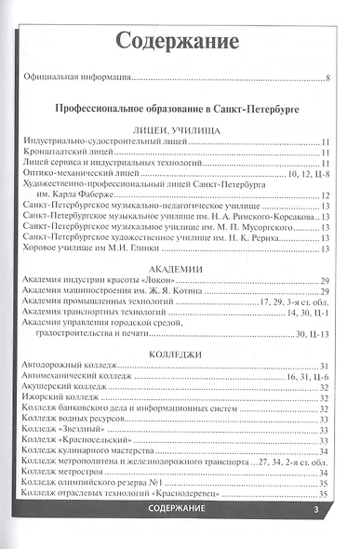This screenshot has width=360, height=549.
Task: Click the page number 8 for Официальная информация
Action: [x=329, y=77]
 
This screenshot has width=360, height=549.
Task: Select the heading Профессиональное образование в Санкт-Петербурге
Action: [x=176, y=109]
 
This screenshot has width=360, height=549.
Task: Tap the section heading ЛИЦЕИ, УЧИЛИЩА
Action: [x=177, y=132]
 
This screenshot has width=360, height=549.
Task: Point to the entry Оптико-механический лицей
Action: [x=73, y=173]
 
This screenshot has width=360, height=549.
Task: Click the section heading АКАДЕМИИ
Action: [x=177, y=268]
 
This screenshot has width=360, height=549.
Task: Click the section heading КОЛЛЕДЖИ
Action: [x=177, y=355]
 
